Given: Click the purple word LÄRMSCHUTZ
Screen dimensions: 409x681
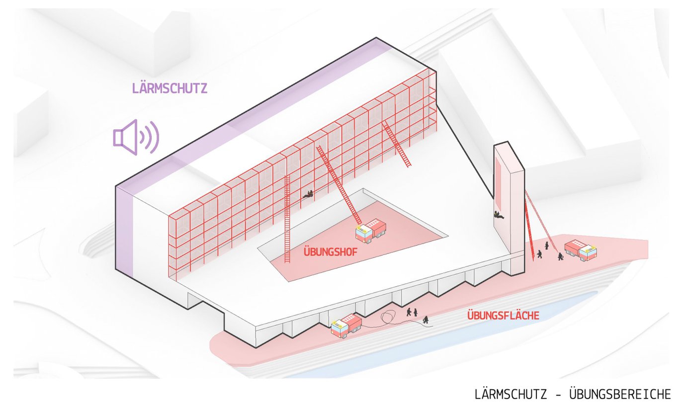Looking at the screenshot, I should (x=170, y=88).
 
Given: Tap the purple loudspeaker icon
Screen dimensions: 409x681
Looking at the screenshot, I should (x=135, y=136).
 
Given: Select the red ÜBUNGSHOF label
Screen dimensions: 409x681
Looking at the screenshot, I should (x=330, y=251).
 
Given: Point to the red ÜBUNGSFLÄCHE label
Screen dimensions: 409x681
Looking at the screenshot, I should (x=503, y=315).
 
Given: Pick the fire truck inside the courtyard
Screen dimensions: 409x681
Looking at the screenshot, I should (x=371, y=232).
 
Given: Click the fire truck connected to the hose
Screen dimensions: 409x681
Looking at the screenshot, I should (x=346, y=326).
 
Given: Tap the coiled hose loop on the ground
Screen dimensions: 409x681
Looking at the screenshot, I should (x=388, y=318).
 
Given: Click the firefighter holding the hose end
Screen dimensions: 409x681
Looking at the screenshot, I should (x=426, y=320).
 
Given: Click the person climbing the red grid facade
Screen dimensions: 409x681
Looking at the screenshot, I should (x=309, y=195).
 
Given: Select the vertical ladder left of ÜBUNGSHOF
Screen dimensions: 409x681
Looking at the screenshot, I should (x=287, y=219).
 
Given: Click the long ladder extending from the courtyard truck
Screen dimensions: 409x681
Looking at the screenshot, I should (x=338, y=184).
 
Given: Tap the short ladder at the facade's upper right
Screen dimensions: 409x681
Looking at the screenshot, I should (x=397, y=144).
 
